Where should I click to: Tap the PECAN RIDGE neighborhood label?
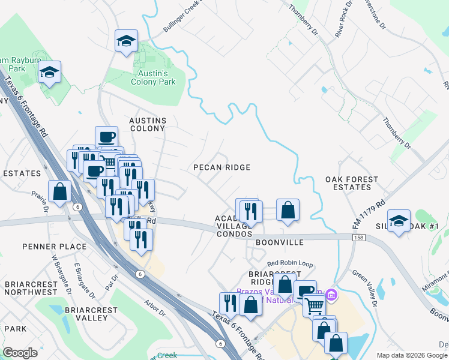coord(221,167)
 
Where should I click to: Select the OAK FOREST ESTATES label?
coord(352,183)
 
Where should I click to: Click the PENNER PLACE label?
coord(55,247)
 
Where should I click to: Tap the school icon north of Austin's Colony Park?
coord(126,41)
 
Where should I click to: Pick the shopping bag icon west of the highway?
coord(59,192)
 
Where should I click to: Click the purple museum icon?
coord(331,295)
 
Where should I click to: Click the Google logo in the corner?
coord(20,352)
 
